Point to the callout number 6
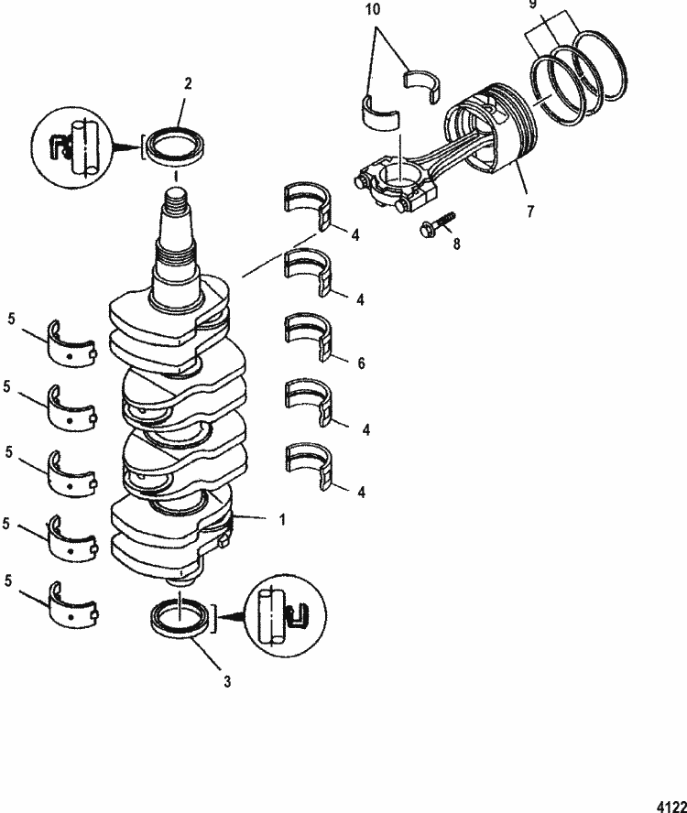coord(361,363)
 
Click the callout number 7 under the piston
coord(529,209)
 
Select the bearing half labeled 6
coord(308,335)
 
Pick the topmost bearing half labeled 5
coord(71,342)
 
